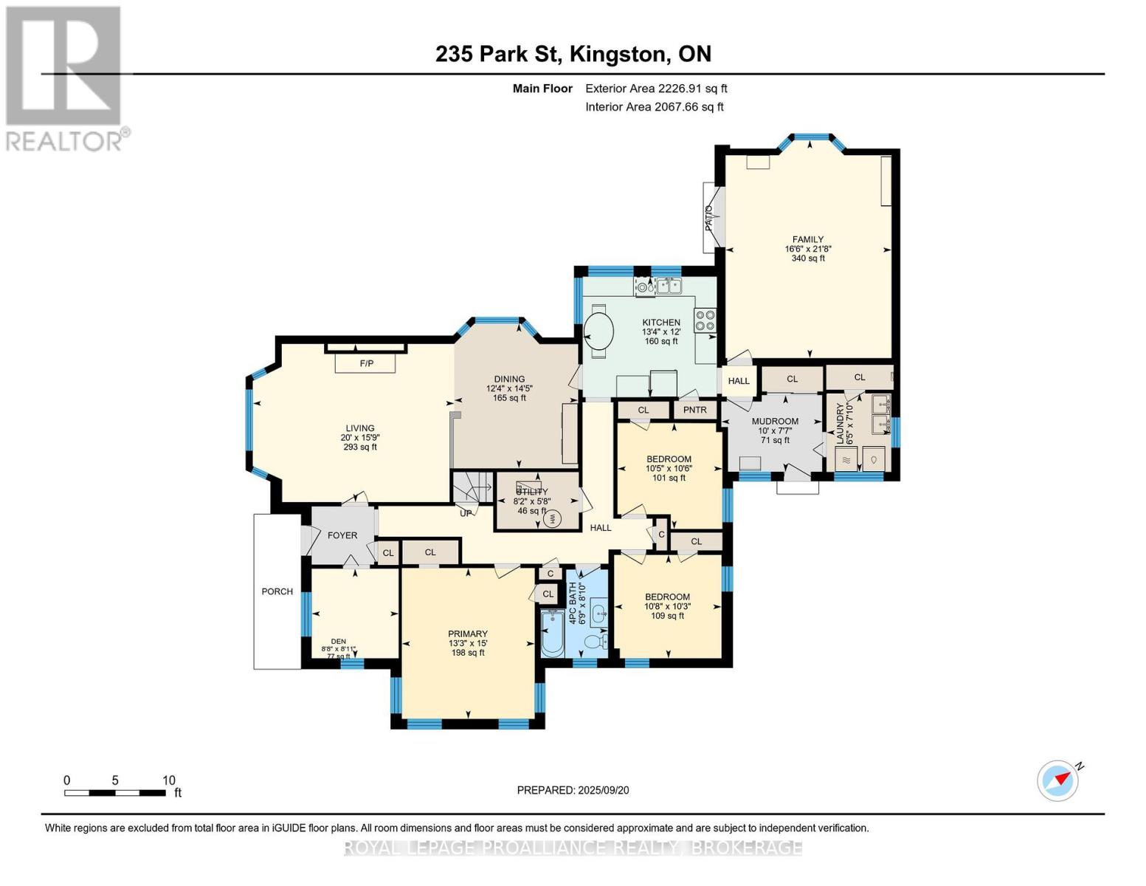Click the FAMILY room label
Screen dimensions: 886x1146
point(807,239)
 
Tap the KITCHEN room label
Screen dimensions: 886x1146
point(660,323)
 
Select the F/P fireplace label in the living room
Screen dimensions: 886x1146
point(366,363)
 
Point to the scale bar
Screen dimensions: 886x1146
point(115,793)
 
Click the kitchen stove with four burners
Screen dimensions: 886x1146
point(705,320)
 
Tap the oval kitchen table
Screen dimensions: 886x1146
point(598,332)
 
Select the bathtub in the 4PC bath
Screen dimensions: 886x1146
point(552,633)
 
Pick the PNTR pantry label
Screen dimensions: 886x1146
point(695,410)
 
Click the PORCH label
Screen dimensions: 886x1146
point(277,591)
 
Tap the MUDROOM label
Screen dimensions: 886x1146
point(775,422)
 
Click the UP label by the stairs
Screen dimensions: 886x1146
point(466,513)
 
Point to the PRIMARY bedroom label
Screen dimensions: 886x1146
point(467,633)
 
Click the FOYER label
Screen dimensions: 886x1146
point(342,535)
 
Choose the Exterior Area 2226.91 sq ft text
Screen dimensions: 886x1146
point(656,89)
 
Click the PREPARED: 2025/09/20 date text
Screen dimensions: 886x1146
point(573,790)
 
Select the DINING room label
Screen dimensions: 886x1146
point(509,379)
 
